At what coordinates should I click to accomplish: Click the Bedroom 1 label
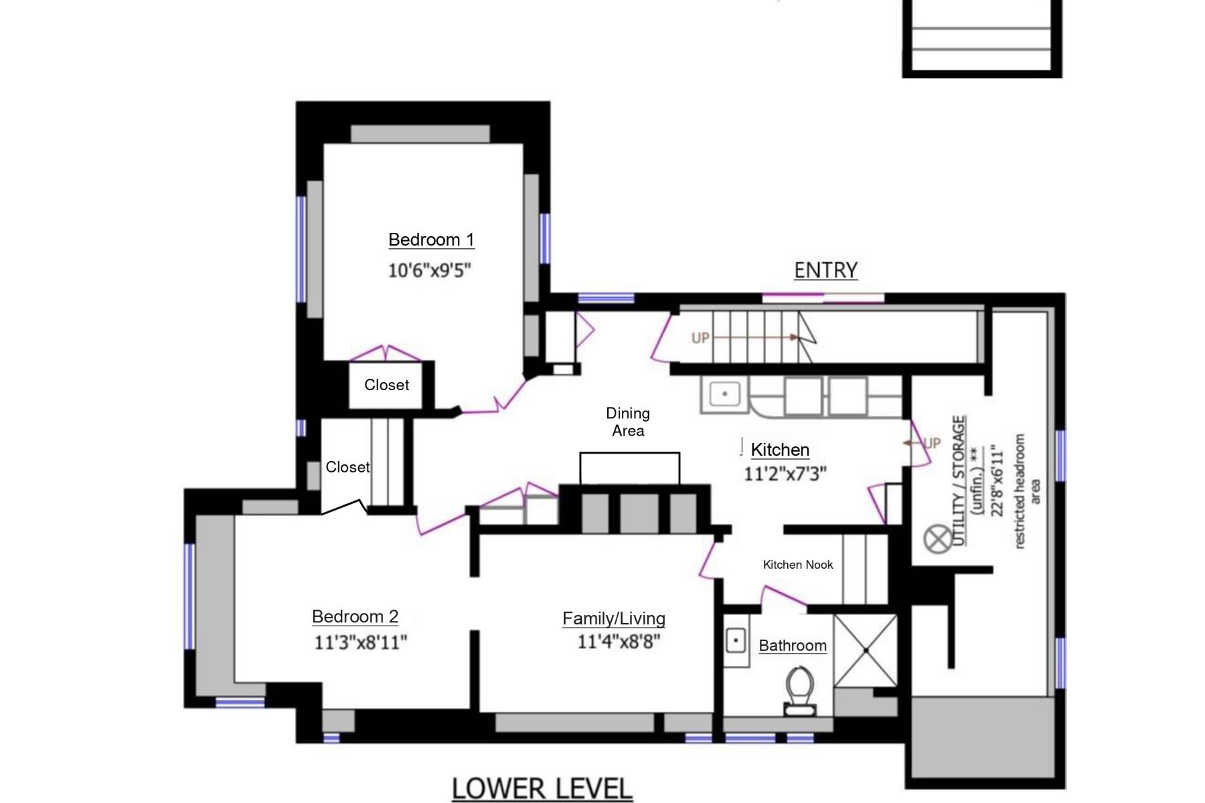431,240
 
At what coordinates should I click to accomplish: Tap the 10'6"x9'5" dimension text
430,270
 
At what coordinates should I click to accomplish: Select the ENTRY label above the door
825,270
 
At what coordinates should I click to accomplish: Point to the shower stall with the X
866,650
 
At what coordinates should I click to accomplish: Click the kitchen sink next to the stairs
724,393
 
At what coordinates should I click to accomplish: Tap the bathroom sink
736,640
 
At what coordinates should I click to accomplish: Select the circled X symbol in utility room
937,539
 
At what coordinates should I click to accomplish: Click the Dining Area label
628,422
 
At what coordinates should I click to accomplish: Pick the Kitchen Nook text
798,565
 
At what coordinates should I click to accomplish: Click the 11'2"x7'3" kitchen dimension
785,474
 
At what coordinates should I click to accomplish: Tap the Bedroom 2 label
355,616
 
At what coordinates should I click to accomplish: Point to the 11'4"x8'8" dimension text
619,641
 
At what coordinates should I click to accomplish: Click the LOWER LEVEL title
542,788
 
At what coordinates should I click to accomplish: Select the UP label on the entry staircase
700,338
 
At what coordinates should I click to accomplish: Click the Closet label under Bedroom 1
386,385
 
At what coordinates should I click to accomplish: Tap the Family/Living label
614,618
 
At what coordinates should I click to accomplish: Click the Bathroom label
793,646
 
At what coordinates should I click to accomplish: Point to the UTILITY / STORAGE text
959,480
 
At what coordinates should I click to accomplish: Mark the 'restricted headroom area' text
1026,492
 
